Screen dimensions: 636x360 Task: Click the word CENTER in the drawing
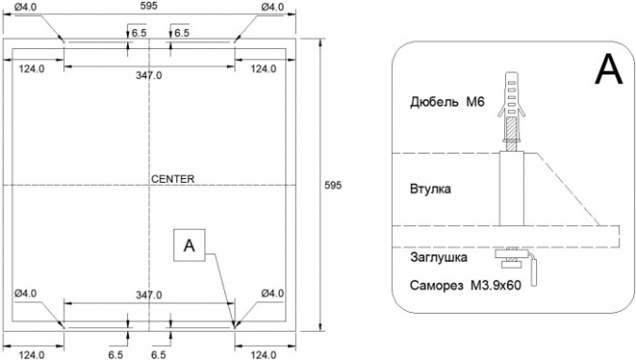pyautogui.click(x=172, y=179)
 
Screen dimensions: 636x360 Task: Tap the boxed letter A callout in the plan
pyautogui.click(x=189, y=245)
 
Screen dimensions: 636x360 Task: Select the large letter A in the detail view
pyautogui.click(x=609, y=69)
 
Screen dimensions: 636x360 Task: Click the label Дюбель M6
pyautogui.click(x=447, y=102)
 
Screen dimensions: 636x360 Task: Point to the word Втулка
pyautogui.click(x=430, y=189)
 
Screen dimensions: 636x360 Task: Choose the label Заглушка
pyautogui.click(x=438, y=257)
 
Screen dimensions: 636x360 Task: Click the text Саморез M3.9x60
pyautogui.click(x=465, y=286)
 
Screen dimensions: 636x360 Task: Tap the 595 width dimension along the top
pyautogui.click(x=149, y=6)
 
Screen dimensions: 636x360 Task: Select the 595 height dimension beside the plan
pyautogui.click(x=333, y=185)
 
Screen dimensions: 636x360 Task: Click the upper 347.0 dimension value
pyautogui.click(x=149, y=75)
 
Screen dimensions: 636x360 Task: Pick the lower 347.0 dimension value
pyautogui.click(x=149, y=295)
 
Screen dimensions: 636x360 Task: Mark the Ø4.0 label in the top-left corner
pyautogui.click(x=25, y=7)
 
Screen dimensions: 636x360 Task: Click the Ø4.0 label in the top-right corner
pyautogui.click(x=272, y=7)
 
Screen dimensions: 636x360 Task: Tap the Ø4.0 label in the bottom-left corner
pyautogui.click(x=25, y=293)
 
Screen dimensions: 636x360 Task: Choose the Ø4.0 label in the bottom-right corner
pyautogui.click(x=272, y=293)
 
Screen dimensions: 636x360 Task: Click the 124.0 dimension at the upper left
pyautogui.click(x=32, y=69)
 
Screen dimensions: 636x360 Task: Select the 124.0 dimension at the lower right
pyautogui.click(x=263, y=355)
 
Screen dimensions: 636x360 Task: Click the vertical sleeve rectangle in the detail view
pyautogui.click(x=512, y=189)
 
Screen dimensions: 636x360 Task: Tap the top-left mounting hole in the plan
pyautogui.click(x=64, y=41)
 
